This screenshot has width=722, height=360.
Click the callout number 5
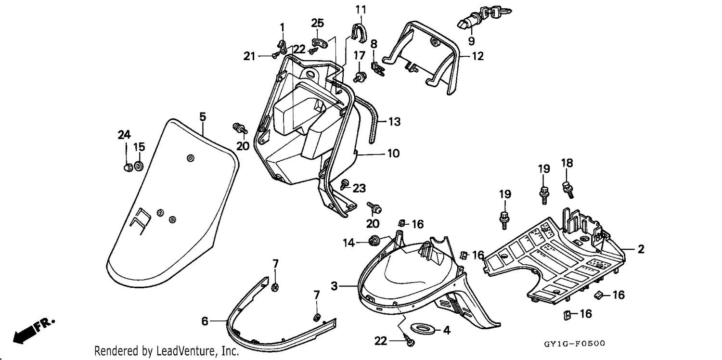click(x=203, y=116)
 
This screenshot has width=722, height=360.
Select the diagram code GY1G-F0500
click(x=574, y=344)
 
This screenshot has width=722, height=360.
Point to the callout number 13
click(x=394, y=121)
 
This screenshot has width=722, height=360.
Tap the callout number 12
click(x=477, y=56)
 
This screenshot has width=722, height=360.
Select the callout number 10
click(x=393, y=153)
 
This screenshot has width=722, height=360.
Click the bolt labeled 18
click(x=568, y=190)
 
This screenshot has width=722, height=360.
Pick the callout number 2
click(x=641, y=249)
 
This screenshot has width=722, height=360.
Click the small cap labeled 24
click(x=128, y=167)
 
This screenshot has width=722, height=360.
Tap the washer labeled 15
click(x=139, y=166)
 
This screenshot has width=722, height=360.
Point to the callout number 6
click(x=205, y=321)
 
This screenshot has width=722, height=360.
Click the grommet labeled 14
click(x=374, y=241)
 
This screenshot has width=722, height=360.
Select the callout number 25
click(x=318, y=23)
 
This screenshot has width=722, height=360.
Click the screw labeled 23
click(x=344, y=185)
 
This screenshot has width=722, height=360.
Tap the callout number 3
click(x=334, y=286)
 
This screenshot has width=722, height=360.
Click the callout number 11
click(x=361, y=10)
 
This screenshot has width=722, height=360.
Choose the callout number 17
click(x=360, y=55)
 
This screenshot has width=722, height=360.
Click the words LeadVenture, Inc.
click(x=197, y=351)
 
